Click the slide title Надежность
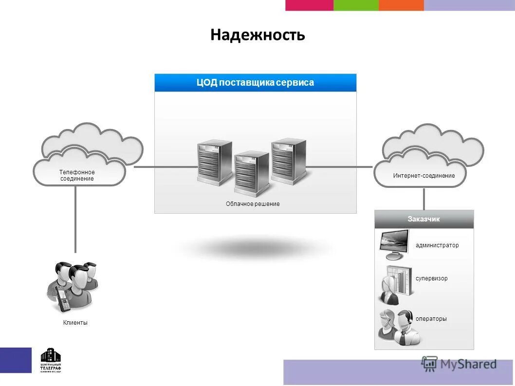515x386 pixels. pos(257,35)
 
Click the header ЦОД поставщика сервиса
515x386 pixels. pos(255,83)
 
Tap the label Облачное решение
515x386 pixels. pos(253,204)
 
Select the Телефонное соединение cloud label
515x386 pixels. pos(77,175)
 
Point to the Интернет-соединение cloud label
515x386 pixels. pos(423,176)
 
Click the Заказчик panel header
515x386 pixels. pos(423,219)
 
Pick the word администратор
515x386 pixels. pos(437,245)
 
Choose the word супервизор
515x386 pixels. pos(431,278)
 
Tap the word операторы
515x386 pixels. pos(431,319)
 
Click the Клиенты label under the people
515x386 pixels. pos(75,323)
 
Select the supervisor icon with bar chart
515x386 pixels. pos(395,285)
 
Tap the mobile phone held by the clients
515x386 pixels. pos(62,298)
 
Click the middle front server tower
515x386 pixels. pos(252,173)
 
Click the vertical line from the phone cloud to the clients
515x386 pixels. pos(75,219)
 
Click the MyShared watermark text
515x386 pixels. pos(468,364)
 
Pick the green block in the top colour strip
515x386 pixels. pos(356,5)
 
